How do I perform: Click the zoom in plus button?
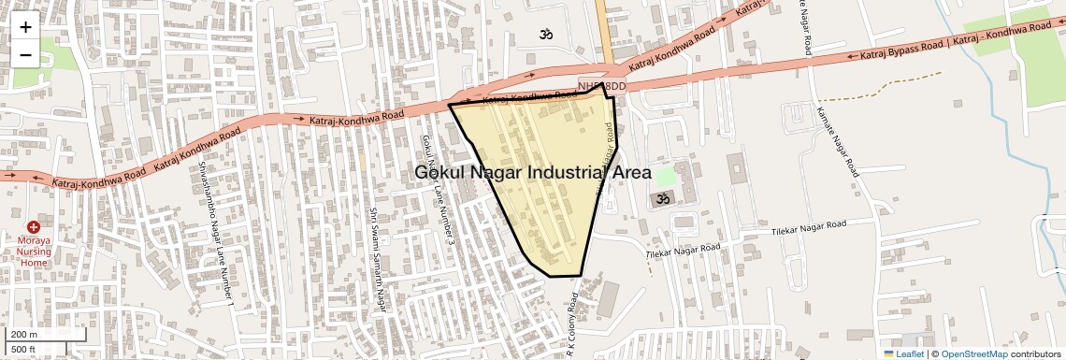(x=25, y=27)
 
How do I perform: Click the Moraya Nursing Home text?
(x=34, y=251)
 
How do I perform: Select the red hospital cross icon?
(x=34, y=227)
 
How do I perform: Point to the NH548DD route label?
(x=601, y=86)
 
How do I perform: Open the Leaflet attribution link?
(x=903, y=353)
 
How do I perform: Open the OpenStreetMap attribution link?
(x=973, y=353)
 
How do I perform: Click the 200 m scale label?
(x=25, y=334)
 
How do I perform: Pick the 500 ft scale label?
(x=23, y=349)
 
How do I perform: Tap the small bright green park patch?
(x=665, y=175)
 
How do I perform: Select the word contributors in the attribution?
(x=1035, y=353)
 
